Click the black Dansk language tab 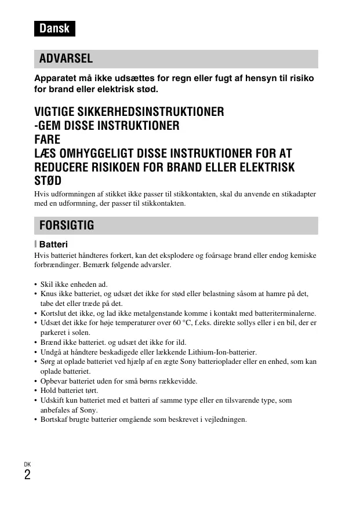(54, 28)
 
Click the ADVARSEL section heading (67, 59)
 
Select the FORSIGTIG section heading (67, 225)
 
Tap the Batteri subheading (53, 245)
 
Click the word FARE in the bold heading (48, 140)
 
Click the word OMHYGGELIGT (98, 154)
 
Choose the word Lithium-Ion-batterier (223, 352)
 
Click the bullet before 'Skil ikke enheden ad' (35, 285)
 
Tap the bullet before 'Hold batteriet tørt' (35, 391)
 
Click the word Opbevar (54, 381)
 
